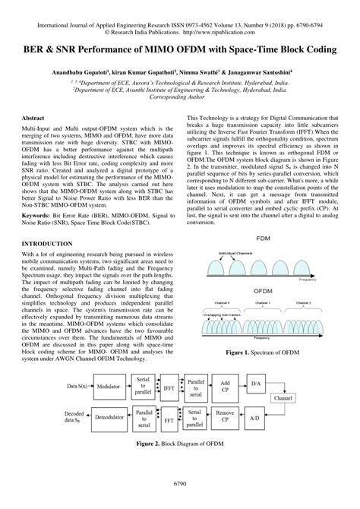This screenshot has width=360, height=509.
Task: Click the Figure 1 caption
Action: (x=260, y=353)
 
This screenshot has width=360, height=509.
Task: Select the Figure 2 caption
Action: (x=179, y=441)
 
